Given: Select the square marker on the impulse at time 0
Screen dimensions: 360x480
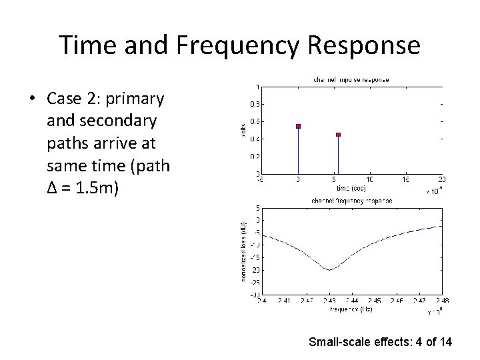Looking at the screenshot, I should (x=298, y=126).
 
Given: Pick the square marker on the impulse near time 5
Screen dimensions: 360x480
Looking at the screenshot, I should (x=339, y=135).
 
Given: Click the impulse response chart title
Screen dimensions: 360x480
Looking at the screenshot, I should (x=351, y=80).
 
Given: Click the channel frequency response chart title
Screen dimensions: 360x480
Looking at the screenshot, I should (x=351, y=201).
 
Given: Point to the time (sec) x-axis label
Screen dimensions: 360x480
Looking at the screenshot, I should (x=350, y=189).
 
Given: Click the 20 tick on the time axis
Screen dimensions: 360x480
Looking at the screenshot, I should (x=441, y=179).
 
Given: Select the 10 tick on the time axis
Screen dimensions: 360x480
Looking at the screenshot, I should (x=369, y=179).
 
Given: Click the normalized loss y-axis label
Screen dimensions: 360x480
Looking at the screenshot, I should (x=244, y=250).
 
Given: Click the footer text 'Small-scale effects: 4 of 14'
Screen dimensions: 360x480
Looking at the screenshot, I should (x=380, y=343).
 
